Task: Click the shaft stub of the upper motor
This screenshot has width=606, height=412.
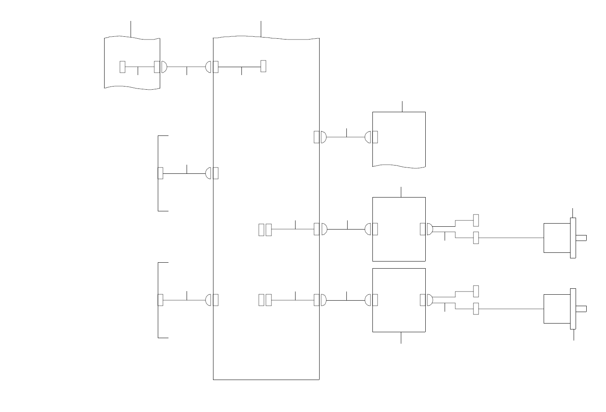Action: [581, 238]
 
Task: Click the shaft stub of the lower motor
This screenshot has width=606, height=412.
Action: [581, 309]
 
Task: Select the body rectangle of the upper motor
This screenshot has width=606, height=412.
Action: [557, 238]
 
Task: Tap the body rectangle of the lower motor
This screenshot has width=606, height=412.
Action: [557, 309]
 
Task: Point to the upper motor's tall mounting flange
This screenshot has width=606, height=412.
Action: [573, 238]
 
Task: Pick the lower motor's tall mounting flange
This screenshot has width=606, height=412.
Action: [573, 309]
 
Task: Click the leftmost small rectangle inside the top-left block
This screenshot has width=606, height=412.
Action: [122, 67]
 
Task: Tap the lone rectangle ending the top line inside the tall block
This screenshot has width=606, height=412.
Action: [263, 66]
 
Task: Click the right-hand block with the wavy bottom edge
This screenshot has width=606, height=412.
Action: [399, 139]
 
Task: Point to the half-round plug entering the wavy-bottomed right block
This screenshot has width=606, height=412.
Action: [368, 137]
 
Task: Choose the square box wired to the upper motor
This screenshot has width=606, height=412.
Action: [399, 229]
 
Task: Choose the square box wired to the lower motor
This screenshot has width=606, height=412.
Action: [399, 300]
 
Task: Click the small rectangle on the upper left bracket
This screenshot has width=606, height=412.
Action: [160, 173]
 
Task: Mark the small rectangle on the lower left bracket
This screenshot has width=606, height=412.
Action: [160, 300]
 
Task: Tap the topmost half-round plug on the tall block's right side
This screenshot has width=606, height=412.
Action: [324, 137]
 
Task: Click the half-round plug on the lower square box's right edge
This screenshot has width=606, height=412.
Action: [430, 300]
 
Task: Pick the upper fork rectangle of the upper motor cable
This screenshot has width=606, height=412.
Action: [476, 220]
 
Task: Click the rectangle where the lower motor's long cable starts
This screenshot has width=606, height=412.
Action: [476, 309]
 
